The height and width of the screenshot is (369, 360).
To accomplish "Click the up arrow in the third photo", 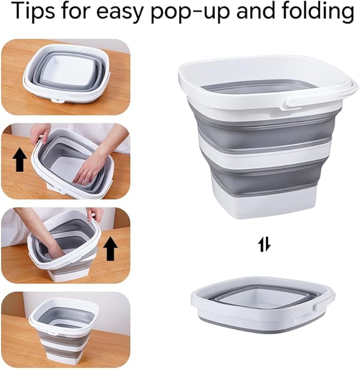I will (111, 248).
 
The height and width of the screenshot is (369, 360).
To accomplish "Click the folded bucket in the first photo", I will (66, 74).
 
